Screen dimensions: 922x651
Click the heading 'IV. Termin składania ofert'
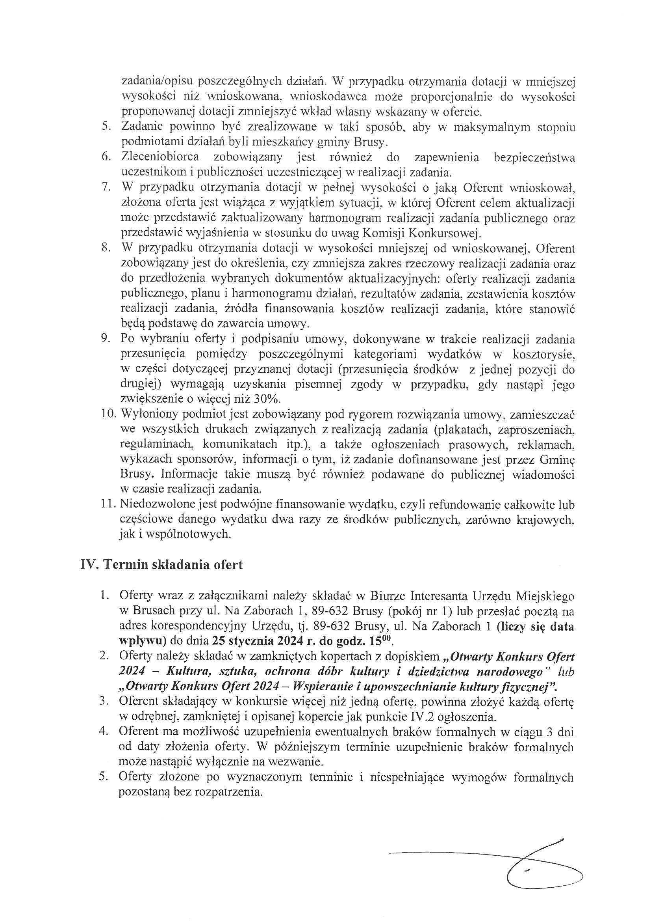[161, 564]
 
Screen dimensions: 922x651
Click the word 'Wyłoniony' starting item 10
[144, 414]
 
